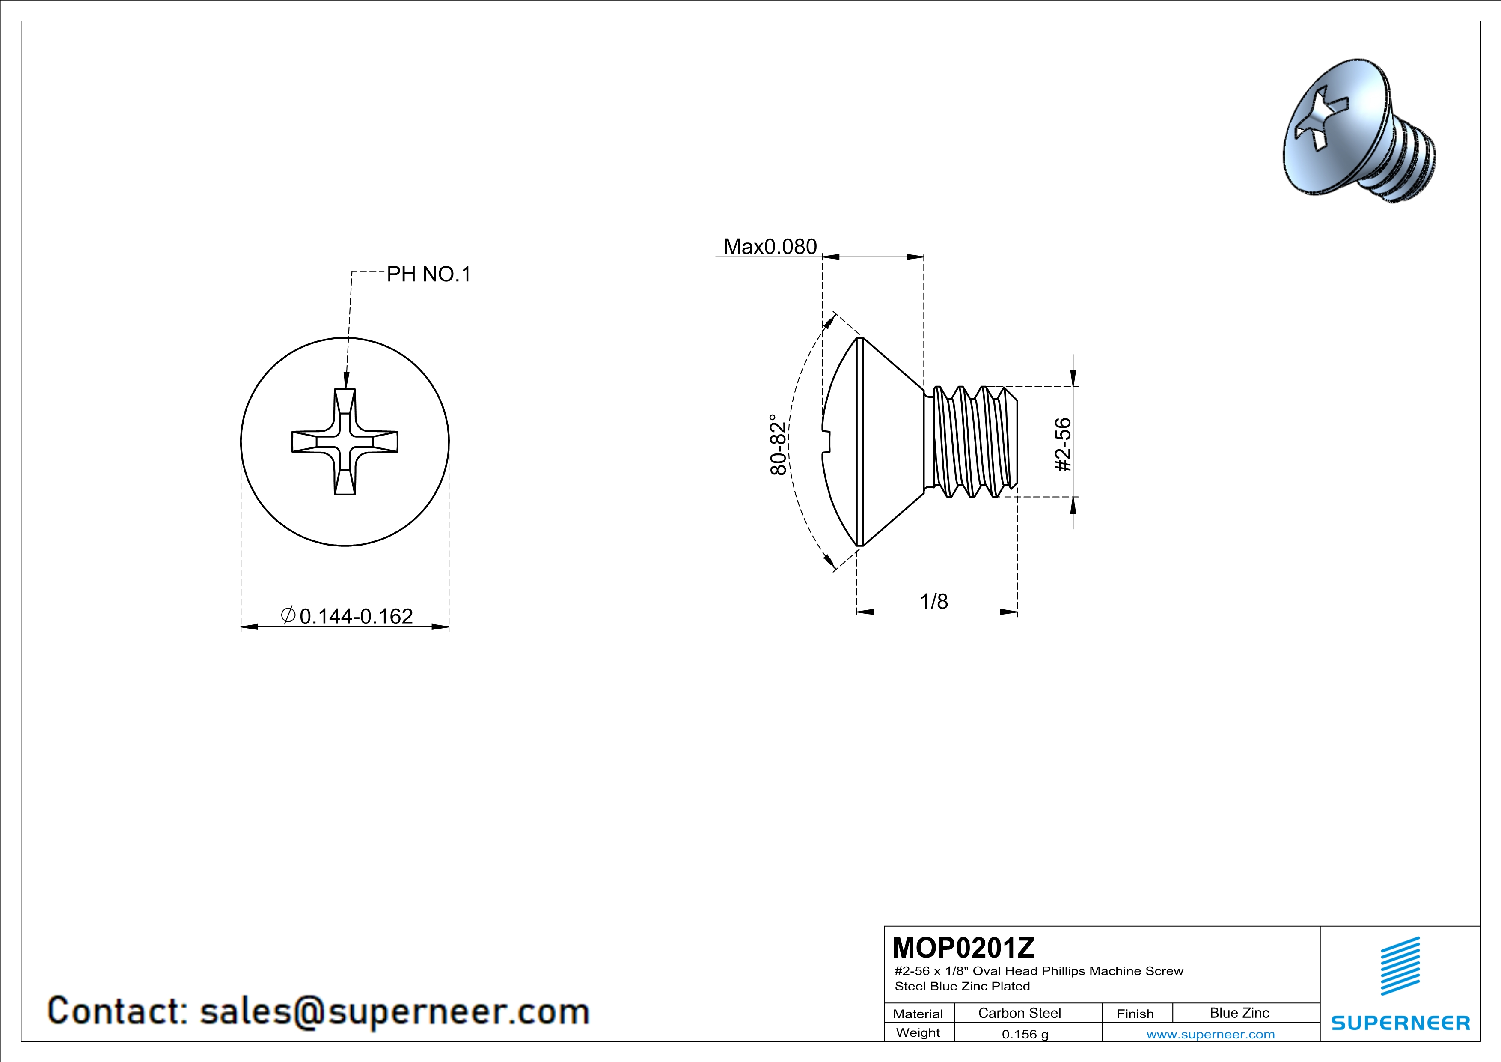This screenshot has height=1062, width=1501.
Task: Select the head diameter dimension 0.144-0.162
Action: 356,616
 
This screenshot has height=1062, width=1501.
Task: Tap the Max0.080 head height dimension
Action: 770,247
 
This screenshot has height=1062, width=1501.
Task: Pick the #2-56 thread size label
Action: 1064,444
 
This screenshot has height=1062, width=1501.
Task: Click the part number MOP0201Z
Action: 963,948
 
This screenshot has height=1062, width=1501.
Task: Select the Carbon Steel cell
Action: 1019,1013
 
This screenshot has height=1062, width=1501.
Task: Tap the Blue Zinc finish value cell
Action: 1239,1013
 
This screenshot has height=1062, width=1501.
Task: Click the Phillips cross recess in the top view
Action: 345,442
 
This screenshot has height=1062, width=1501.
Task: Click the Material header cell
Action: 918,1014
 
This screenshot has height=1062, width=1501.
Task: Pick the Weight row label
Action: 918,1033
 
